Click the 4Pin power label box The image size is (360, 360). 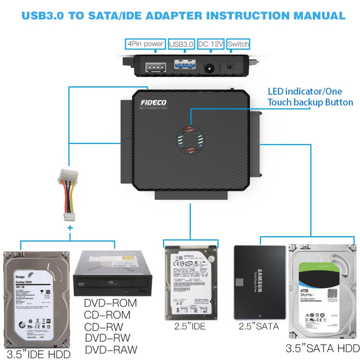(x=144, y=44)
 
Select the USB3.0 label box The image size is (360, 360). (x=181, y=44)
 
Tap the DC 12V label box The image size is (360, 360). (x=210, y=44)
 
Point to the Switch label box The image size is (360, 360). (x=238, y=44)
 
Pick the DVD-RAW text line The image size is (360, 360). (x=110, y=350)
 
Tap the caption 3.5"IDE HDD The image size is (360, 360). (x=38, y=354)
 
